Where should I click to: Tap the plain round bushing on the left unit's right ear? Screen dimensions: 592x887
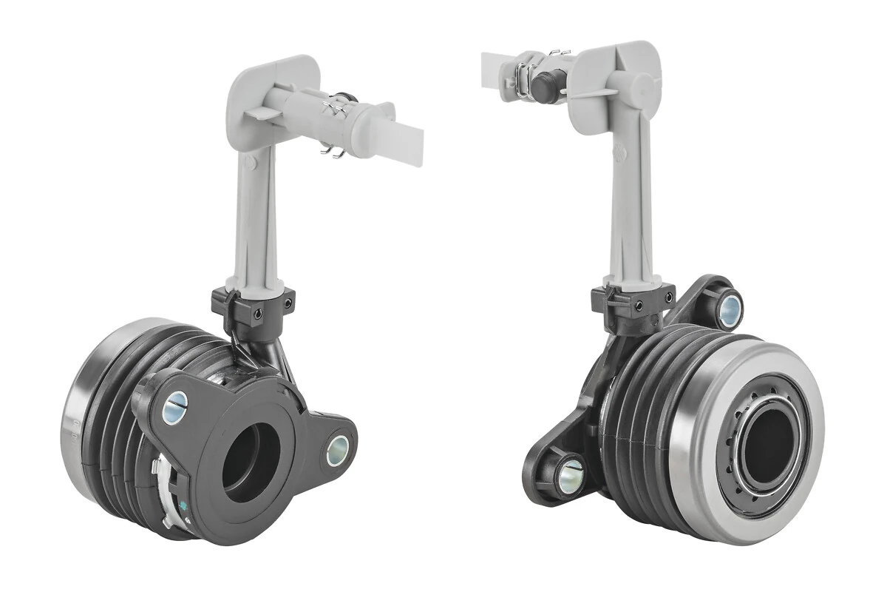(338, 450)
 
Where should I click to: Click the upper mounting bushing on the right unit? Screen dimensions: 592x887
(730, 308)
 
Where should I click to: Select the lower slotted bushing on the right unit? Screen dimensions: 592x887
(570, 476)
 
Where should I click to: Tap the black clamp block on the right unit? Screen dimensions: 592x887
(632, 302)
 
